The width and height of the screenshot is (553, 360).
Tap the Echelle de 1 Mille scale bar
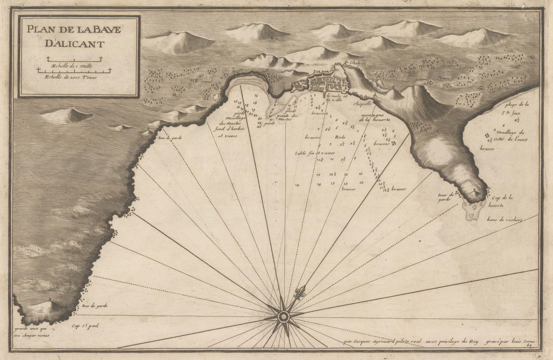[74, 58]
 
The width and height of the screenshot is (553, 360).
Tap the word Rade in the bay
[338, 136]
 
